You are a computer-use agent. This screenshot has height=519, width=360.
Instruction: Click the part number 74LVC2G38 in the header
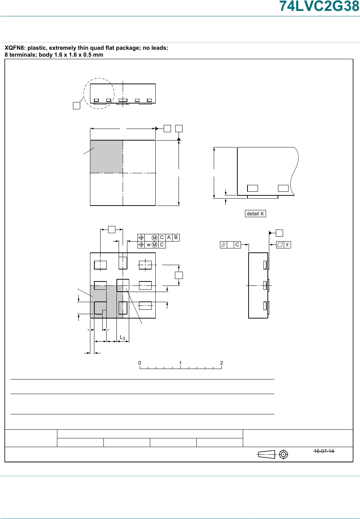[319, 6]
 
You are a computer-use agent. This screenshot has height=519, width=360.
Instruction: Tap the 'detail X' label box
[255, 214]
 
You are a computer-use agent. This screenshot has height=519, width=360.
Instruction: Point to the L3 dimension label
[122, 337]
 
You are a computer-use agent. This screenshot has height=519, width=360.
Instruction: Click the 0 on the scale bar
[140, 363]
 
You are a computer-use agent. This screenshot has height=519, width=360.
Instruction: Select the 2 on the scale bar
[222, 363]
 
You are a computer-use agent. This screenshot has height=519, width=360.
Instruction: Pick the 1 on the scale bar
[180, 363]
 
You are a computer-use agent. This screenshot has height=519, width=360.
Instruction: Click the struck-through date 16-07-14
[324, 451]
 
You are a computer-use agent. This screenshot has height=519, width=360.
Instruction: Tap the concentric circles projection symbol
[283, 454]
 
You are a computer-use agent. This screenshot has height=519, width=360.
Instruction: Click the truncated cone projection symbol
[266, 455]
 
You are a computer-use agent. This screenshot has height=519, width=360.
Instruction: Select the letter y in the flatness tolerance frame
[287, 244]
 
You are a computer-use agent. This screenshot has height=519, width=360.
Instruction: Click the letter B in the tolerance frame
[176, 238]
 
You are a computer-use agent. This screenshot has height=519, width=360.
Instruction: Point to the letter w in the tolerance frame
[149, 245]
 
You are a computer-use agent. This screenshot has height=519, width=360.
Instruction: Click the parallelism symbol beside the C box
[224, 245]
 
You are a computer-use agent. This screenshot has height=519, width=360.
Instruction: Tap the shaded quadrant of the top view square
[106, 157]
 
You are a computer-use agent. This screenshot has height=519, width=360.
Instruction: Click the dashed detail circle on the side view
[83, 94]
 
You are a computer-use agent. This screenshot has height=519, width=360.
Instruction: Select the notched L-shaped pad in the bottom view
[100, 308]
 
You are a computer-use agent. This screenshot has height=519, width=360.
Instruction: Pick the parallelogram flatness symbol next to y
[280, 245]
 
